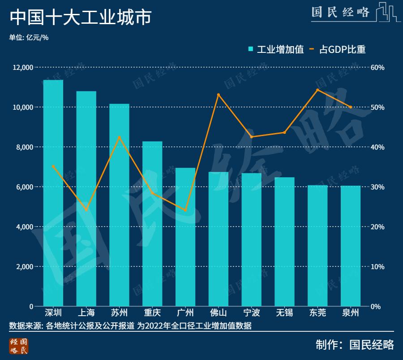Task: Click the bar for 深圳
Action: pos(53,193)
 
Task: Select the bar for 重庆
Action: pos(152,224)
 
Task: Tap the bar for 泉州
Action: pos(351,246)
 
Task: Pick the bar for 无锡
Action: pos(284,242)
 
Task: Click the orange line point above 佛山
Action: pos(219,95)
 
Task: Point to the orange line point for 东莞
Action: pos(317,90)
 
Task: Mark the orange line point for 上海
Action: pos(86,210)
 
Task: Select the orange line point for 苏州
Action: pos(120,137)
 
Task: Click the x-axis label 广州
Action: pos(185,313)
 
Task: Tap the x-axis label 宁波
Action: pos(251,313)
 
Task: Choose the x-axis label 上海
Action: pos(86,313)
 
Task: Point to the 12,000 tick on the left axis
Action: pos(23,68)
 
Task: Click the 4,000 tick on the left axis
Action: pos(25,227)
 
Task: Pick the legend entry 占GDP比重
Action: pos(337,49)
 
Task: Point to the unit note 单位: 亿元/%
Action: pos(29,38)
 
